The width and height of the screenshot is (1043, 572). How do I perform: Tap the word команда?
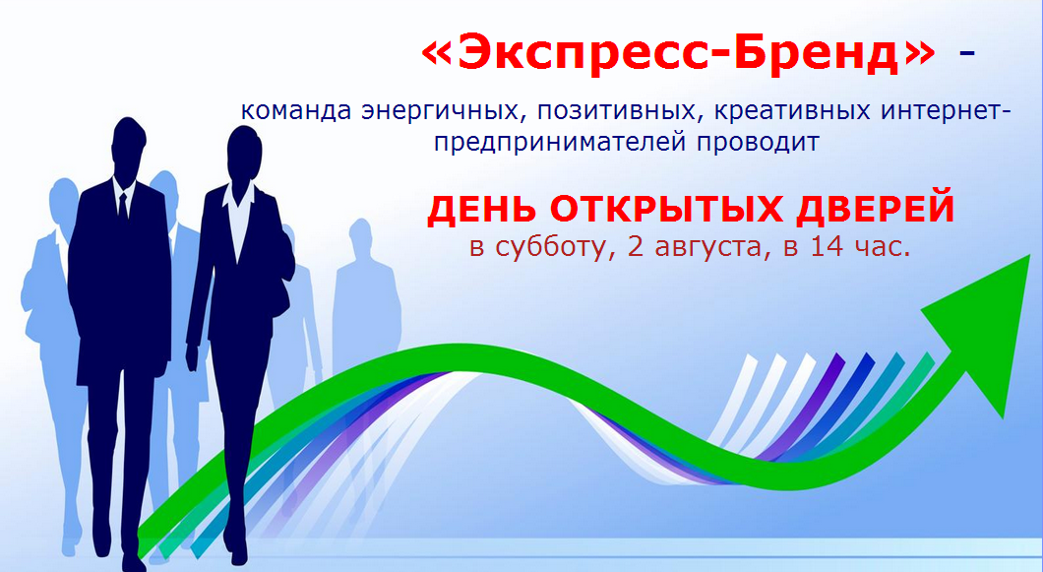point(296,110)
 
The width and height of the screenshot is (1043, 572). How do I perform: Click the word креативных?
point(792,110)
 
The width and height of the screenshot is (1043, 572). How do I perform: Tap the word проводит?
point(759,143)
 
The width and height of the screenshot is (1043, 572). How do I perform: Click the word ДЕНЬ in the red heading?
point(482,209)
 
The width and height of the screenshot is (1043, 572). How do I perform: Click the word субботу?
point(555,247)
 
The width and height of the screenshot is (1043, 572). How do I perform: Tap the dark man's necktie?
point(122,207)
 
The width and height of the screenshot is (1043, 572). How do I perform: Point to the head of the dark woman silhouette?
point(243,155)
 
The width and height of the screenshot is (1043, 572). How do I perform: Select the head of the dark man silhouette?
point(128,148)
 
